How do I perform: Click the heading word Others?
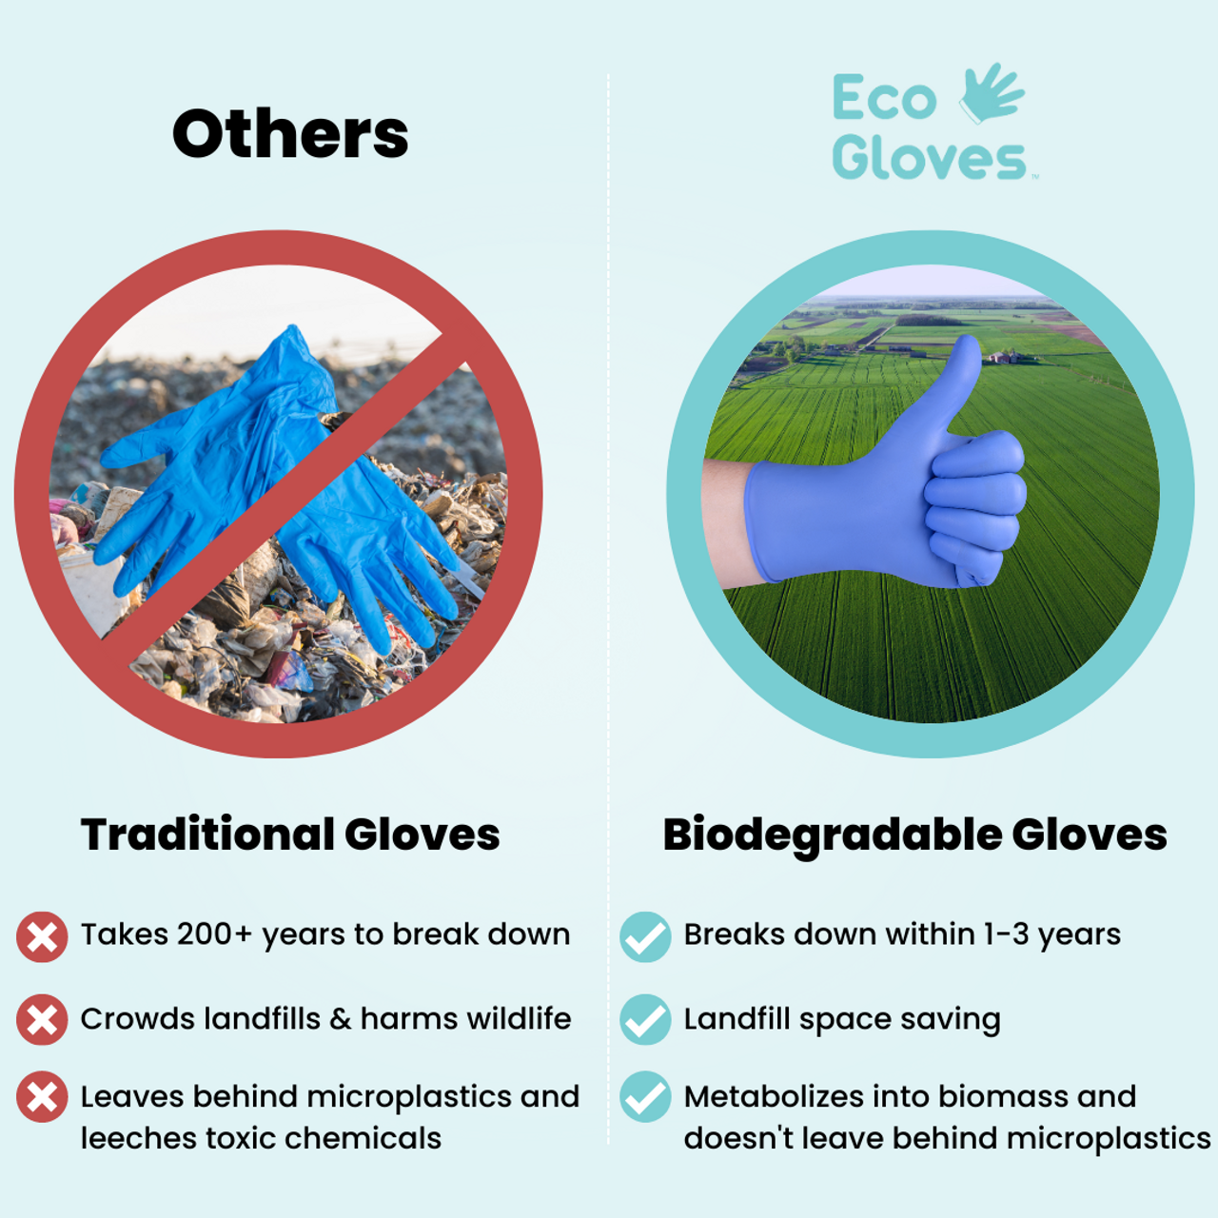click(290, 134)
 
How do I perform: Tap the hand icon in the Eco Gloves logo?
click(992, 93)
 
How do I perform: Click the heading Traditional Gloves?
click(290, 835)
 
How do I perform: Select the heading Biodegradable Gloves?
click(914, 835)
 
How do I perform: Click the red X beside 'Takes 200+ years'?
click(42, 937)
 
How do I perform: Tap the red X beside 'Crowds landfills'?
click(42, 1020)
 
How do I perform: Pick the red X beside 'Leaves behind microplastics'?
click(42, 1097)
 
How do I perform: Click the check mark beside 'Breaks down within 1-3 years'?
click(645, 937)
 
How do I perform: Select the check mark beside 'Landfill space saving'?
click(645, 1020)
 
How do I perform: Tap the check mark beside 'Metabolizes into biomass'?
click(645, 1097)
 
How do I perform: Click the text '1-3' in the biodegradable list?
click(1007, 934)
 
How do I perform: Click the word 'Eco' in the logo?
click(884, 99)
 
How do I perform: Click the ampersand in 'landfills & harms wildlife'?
click(341, 1019)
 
